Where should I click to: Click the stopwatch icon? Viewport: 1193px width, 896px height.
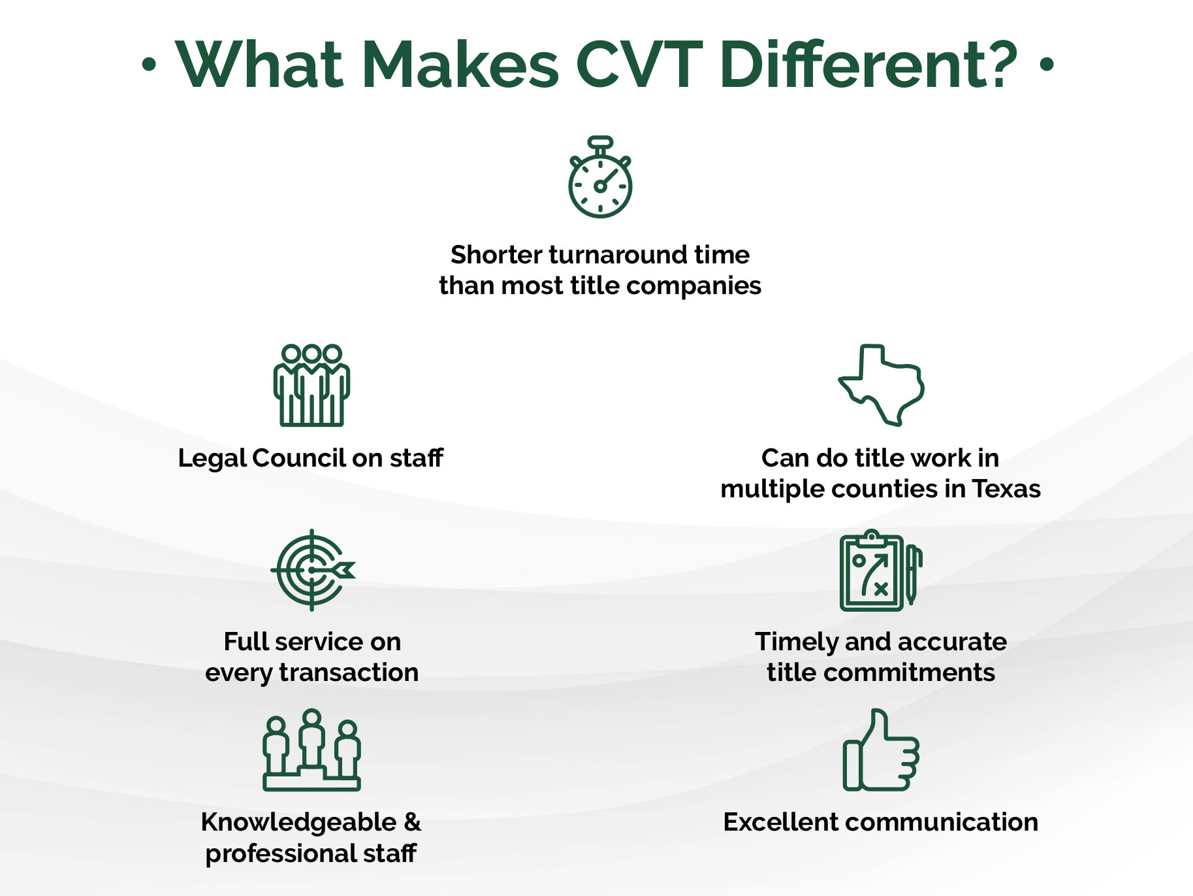[599, 177]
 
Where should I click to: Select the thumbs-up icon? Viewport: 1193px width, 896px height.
[882, 750]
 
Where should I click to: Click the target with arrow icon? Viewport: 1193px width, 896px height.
[313, 570]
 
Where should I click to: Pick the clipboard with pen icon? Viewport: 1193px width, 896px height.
[881, 571]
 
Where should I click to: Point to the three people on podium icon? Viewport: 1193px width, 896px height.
[311, 750]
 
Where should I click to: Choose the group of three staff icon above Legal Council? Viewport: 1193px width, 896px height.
[311, 386]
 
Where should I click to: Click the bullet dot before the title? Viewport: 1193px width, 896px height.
[150, 65]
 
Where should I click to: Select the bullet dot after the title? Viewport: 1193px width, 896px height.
[1047, 65]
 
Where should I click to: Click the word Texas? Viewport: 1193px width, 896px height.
[1006, 489]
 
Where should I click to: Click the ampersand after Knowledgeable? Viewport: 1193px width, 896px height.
[412, 822]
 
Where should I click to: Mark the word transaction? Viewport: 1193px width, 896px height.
[349, 672]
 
